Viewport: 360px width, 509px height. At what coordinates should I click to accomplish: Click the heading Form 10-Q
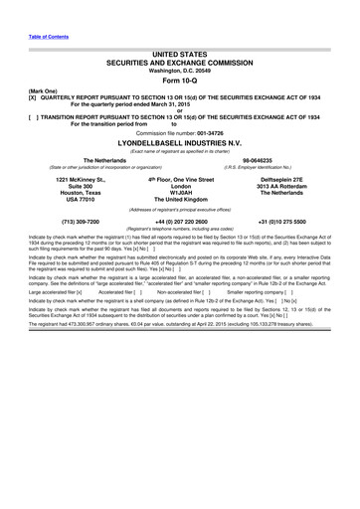[x=179, y=84]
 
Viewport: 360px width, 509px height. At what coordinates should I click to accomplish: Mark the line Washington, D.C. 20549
[x=179, y=71]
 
